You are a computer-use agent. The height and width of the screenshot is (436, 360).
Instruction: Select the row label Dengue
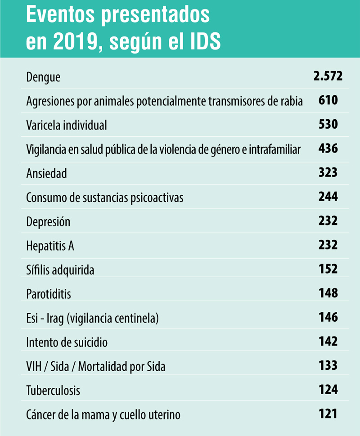pos(43,77)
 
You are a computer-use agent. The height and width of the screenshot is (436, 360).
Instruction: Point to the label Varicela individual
pos(67,125)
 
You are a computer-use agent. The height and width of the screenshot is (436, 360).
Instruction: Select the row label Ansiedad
pos(46,173)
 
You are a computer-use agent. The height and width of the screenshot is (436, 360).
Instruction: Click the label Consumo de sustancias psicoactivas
pos(105,198)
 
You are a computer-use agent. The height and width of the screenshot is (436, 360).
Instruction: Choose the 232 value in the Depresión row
pos(328,220)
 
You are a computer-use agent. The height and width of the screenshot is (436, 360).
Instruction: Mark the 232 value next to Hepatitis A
pos(328,245)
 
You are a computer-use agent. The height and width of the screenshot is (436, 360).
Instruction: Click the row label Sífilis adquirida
pos(60,270)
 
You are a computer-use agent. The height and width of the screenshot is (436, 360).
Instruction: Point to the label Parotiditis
pos(49,294)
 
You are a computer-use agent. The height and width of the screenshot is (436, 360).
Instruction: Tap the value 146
pos(328,317)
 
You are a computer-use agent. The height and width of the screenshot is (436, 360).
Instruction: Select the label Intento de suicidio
pos(67,342)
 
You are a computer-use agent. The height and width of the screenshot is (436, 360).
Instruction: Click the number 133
pos(328,365)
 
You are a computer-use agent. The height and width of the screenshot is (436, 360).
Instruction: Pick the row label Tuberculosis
pos(53,391)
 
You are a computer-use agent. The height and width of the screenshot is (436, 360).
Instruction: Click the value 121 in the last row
pos(328,414)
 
